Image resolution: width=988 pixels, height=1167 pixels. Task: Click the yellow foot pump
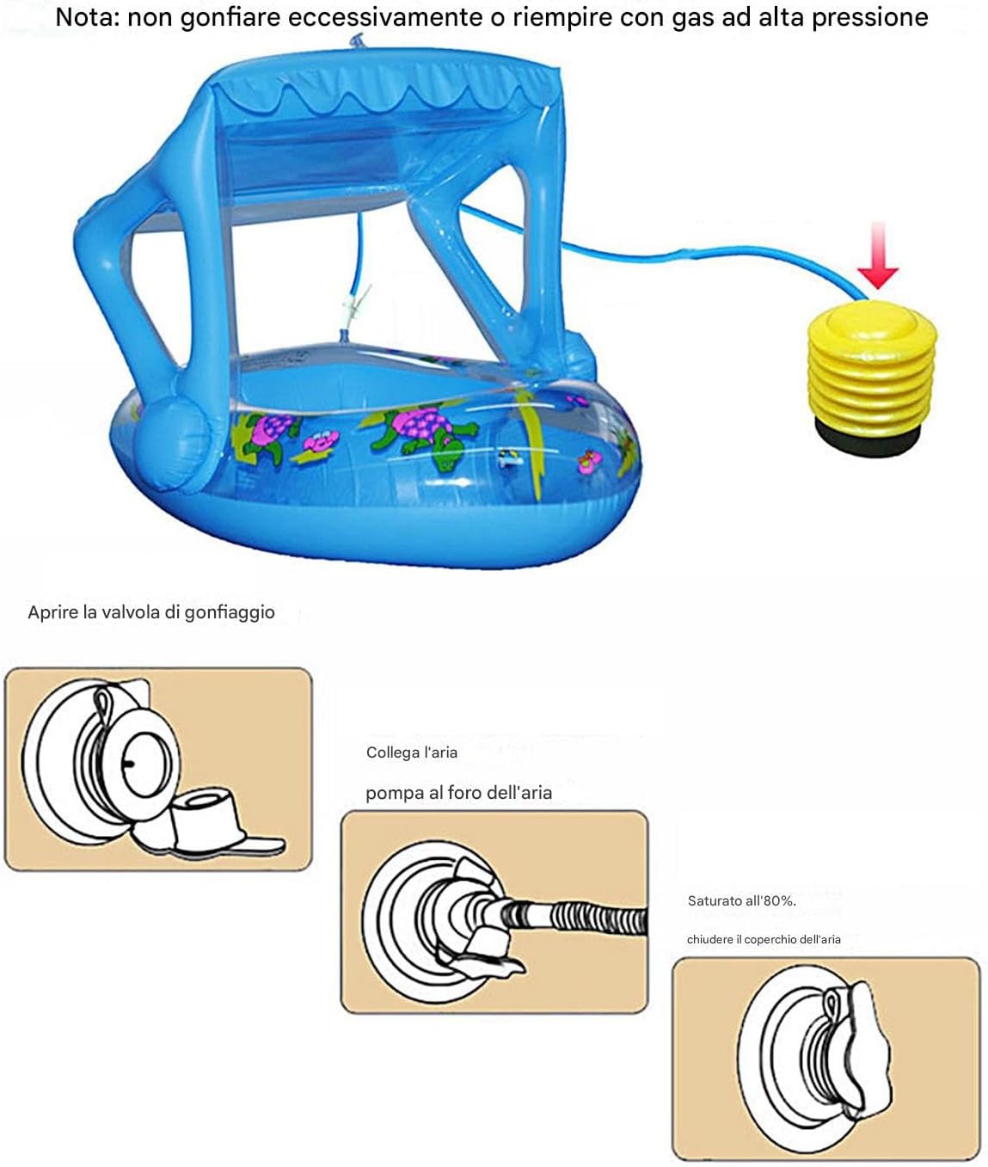point(872,378)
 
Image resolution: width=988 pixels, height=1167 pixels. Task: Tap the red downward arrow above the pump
point(877,255)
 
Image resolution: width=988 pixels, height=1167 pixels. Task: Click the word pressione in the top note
point(869,19)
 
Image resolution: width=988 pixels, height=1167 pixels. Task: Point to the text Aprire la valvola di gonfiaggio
point(151,612)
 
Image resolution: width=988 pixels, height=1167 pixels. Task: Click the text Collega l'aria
point(412,752)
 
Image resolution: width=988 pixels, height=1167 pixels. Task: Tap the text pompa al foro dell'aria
point(458,793)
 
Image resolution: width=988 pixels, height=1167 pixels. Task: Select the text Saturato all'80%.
point(742,901)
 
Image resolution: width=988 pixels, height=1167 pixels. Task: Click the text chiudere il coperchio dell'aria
point(764,939)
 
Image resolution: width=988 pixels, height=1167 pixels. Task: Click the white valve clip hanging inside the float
point(357,305)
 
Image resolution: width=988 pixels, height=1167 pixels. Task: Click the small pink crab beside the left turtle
point(319,441)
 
